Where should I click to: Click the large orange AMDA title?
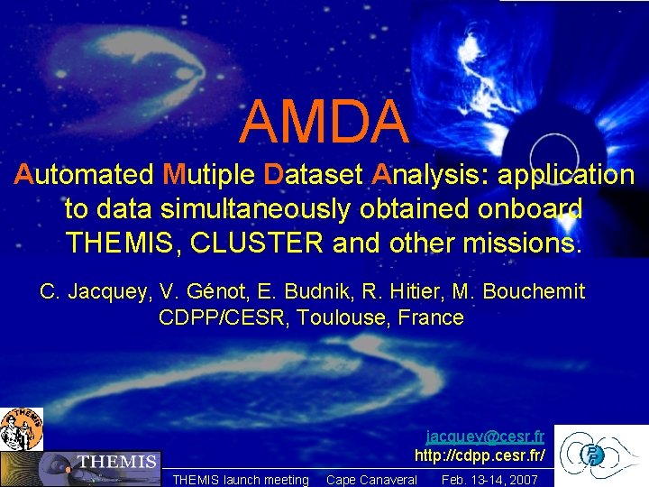click(x=324, y=122)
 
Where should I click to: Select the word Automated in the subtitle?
click(x=85, y=174)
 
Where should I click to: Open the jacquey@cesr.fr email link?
click(x=485, y=435)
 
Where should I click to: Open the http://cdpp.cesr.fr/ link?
click(x=480, y=454)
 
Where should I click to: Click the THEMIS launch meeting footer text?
click(x=240, y=480)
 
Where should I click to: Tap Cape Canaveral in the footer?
click(x=371, y=480)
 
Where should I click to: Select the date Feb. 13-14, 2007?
click(x=489, y=480)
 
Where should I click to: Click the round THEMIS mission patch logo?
click(x=21, y=428)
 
